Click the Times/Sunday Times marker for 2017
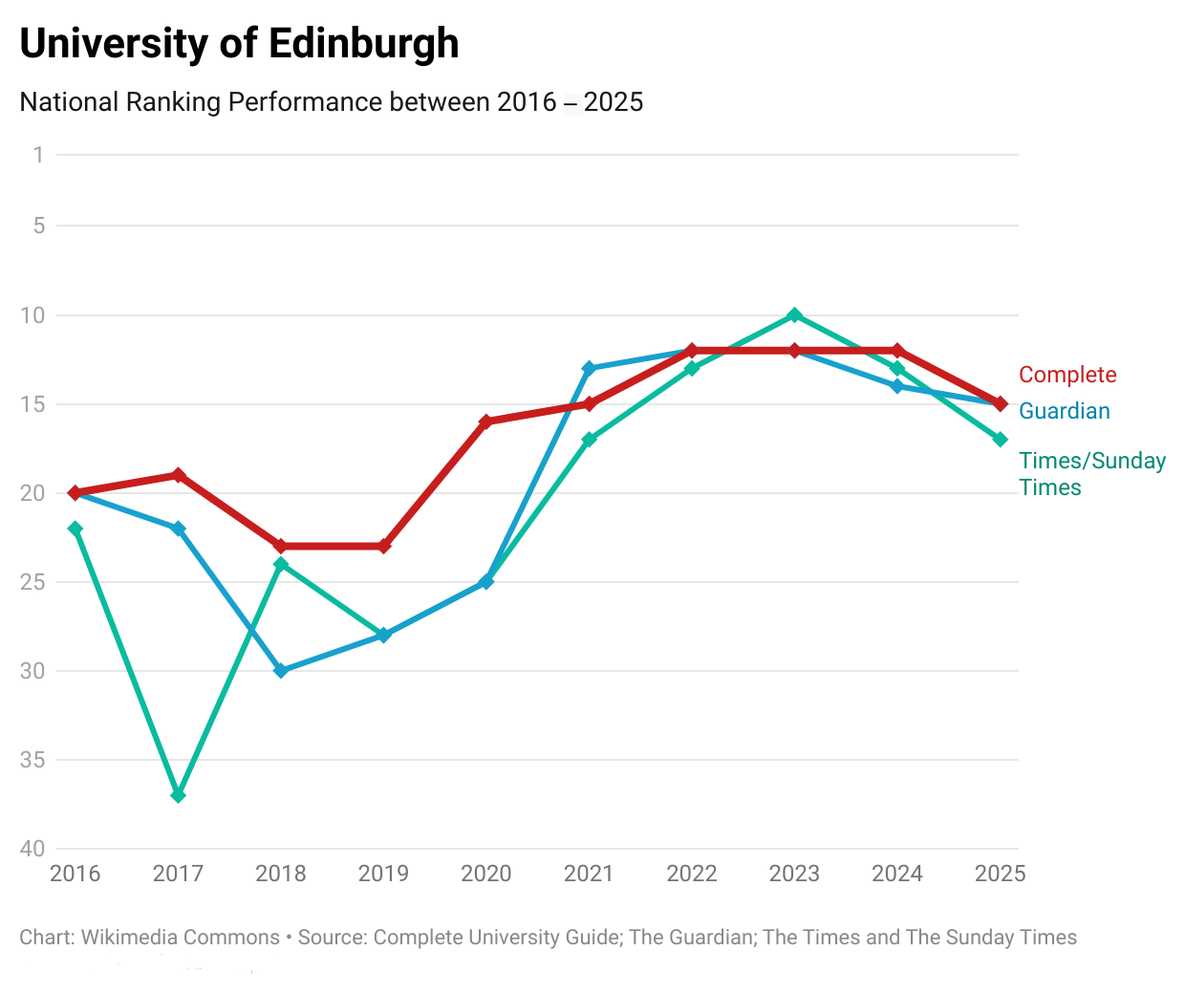tap(178, 795)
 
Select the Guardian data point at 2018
tap(281, 671)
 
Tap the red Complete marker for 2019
tap(384, 546)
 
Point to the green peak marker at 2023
tap(794, 315)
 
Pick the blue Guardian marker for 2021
tap(589, 368)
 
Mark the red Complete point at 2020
tap(486, 421)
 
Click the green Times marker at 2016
tap(75, 529)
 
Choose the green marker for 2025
tap(1001, 440)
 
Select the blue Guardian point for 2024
tap(897, 386)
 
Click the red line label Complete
tap(1067, 375)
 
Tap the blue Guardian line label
tap(1065, 411)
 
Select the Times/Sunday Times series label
tap(1091, 474)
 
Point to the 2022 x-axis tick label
tap(692, 874)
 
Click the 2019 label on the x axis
tap(383, 874)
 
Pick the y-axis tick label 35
tap(32, 761)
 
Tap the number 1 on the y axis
tap(38, 155)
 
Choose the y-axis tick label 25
tap(32, 582)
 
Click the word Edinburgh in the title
tap(363, 44)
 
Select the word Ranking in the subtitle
tap(173, 102)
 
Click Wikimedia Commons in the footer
tap(181, 938)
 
